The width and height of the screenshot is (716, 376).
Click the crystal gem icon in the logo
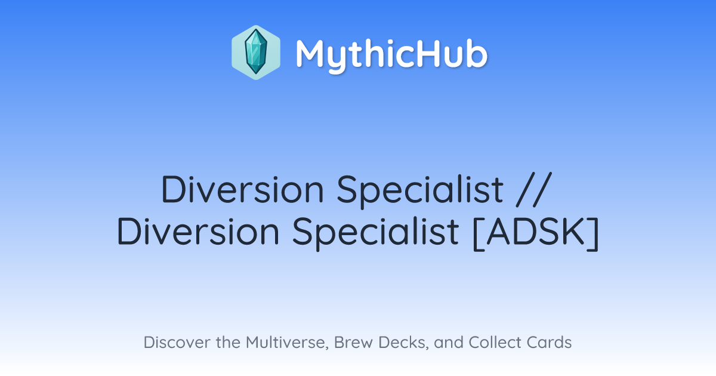pos(256,52)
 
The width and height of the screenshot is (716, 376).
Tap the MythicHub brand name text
pos(391,55)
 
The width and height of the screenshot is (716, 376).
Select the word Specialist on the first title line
pos(420,191)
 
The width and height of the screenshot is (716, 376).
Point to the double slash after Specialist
pos(535,189)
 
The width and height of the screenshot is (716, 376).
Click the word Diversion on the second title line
pos(198,231)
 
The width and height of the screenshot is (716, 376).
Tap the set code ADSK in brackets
pos(536,231)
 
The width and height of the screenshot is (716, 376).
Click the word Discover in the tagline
pos(177,342)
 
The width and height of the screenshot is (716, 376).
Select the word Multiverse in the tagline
pos(287,342)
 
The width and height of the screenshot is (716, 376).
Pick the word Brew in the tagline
pos(353,342)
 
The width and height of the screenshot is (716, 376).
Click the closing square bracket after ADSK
pos(593,234)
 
